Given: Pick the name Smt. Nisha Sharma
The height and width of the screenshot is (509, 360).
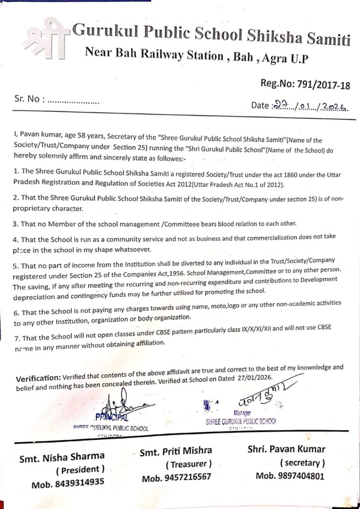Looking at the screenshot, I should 62,456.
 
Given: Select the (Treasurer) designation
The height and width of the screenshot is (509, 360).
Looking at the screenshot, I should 188,464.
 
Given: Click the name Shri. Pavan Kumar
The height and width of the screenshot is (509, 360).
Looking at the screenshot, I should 286,449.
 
